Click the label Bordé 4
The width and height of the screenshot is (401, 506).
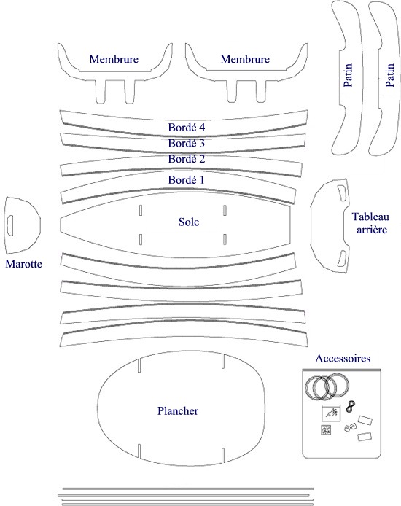[x=187, y=128]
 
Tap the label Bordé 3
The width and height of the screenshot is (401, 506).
[x=187, y=143]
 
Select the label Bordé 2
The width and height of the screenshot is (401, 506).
[x=187, y=159]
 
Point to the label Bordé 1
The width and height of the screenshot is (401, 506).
[x=186, y=180]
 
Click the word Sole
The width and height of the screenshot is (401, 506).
[x=189, y=222]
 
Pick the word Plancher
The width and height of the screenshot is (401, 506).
[x=178, y=410]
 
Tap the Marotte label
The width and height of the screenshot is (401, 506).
[x=24, y=264]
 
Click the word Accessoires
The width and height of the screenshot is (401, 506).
[x=343, y=358]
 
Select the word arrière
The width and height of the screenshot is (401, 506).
[x=372, y=230]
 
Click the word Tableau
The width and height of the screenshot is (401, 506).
[x=370, y=217]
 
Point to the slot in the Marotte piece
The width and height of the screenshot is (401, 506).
[x=10, y=225]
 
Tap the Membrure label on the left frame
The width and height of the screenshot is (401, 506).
[x=114, y=59]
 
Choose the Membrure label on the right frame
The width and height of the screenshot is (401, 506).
[x=245, y=59]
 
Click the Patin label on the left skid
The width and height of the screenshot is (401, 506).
[x=348, y=75]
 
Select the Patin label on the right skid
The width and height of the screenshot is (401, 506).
[x=390, y=75]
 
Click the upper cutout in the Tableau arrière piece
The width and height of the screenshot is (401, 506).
[x=342, y=193]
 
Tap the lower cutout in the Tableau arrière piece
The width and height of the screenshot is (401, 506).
[x=342, y=259]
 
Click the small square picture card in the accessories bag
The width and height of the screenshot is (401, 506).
[x=331, y=413]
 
